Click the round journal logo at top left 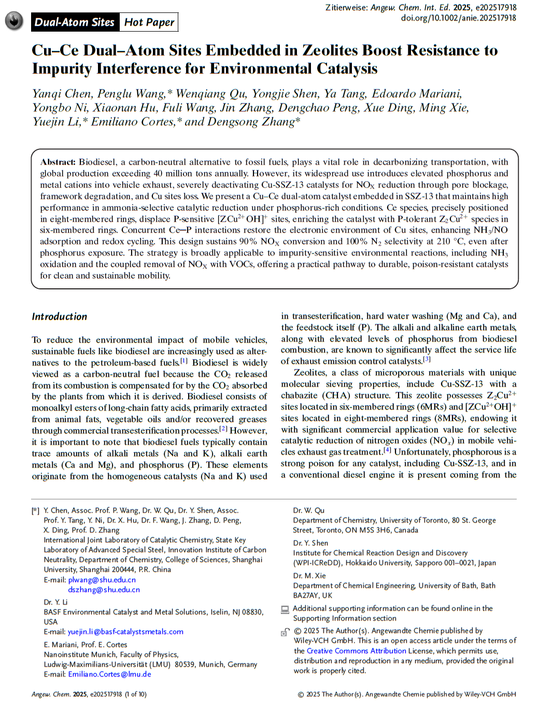coord(14,21)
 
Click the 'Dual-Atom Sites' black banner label coord(75,22)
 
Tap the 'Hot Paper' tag coord(149,22)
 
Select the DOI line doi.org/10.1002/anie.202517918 coord(458,18)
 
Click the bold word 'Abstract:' coord(58,162)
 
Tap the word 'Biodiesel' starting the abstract coord(97,162)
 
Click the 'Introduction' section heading coord(60,317)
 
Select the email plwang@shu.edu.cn coord(102,580)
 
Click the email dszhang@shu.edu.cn coord(104,590)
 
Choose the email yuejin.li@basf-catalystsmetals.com coord(125,632)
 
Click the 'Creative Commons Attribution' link coord(357,651)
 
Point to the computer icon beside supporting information coord(285,609)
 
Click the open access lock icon coord(285,632)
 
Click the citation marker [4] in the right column coord(387,450)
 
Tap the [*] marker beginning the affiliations coord(35,511)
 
